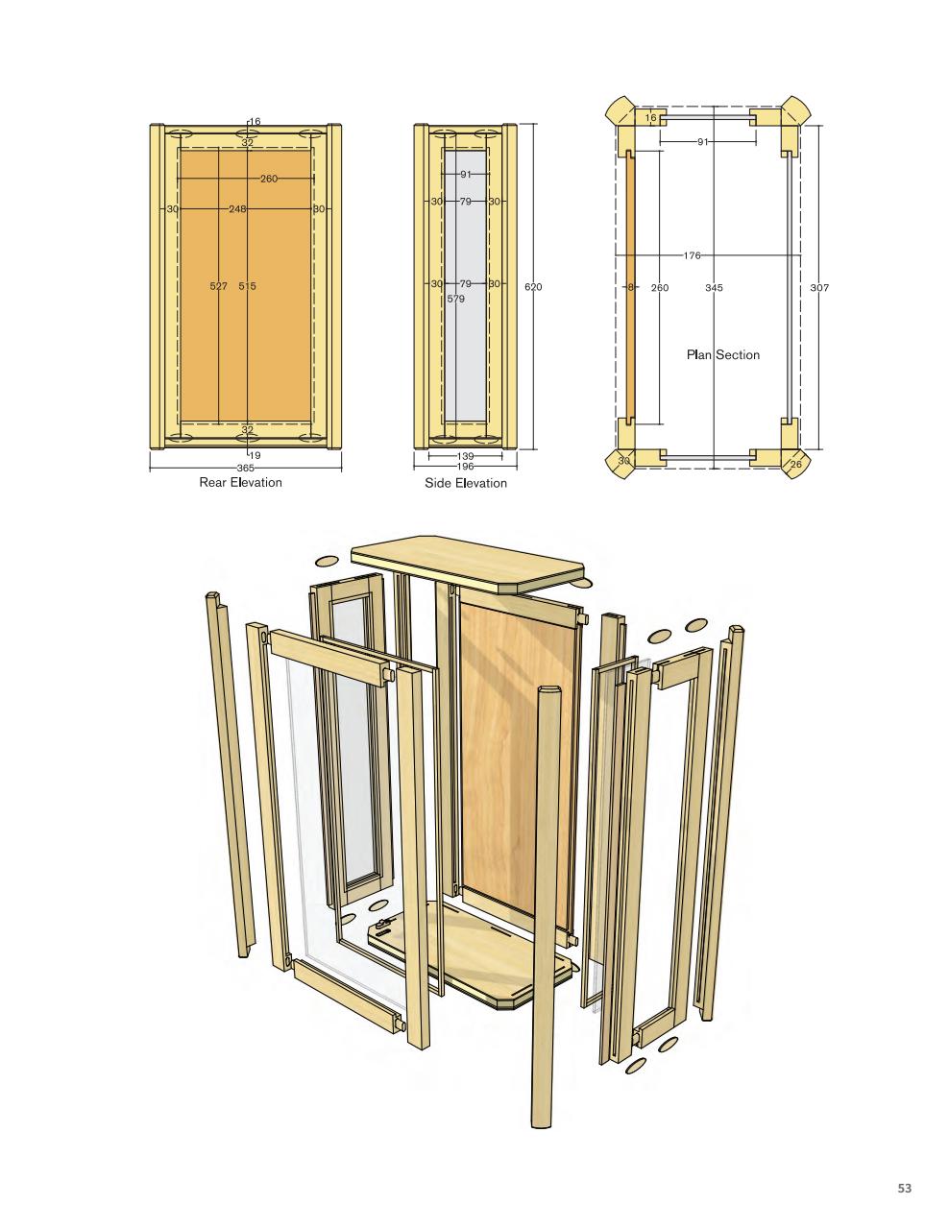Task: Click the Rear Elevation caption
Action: point(240,482)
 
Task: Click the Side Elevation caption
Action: point(466,483)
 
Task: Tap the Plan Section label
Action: point(722,355)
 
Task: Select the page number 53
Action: point(904,1189)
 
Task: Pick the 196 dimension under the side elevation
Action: point(465,466)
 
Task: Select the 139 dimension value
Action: point(465,456)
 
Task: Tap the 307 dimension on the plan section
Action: point(818,287)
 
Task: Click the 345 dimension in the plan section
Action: point(714,287)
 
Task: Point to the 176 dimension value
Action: point(692,255)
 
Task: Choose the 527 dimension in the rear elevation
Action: point(218,286)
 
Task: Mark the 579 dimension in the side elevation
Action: point(456,299)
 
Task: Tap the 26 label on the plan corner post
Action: point(794,465)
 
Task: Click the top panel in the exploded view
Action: point(468,563)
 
